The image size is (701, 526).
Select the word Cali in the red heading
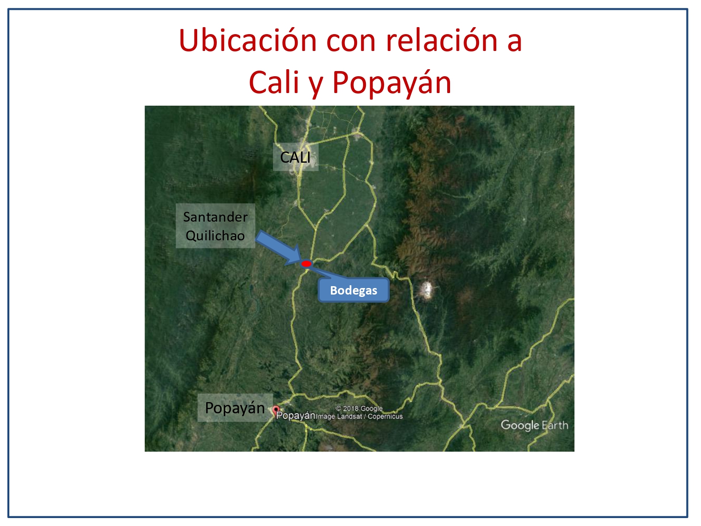pos(274,82)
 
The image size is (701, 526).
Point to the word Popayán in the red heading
pos(392,83)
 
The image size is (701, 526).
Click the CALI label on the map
pos(295,157)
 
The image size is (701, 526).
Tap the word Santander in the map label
pos(215,217)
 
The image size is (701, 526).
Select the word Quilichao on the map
pos(215,236)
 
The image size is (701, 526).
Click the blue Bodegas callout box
pos(353,290)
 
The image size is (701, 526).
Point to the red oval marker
pos(306,264)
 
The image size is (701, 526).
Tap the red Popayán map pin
pos(276,410)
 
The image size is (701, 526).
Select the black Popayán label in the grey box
pos(235,408)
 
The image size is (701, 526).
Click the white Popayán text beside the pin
pos(295,416)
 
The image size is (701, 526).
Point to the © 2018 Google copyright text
pos(359,409)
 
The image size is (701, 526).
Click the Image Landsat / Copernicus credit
pos(359,417)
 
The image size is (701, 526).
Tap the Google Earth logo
pos(535,425)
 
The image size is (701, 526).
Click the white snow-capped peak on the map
pos(426,290)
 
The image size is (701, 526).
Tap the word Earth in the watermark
pos(555,425)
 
